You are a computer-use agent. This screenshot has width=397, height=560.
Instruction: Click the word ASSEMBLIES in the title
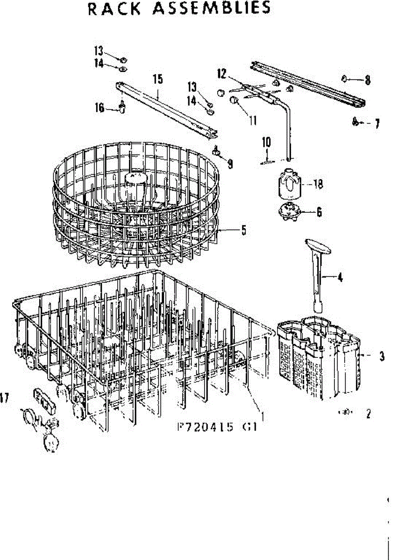[x=214, y=8]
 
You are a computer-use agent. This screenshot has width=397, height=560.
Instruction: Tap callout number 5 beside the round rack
[x=244, y=231]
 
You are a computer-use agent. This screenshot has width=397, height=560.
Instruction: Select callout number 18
[x=319, y=184]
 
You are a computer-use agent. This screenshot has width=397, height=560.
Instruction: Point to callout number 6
[x=319, y=212]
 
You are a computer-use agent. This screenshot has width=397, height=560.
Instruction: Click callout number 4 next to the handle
[x=340, y=278]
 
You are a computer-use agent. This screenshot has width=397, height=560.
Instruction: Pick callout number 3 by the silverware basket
[x=382, y=357]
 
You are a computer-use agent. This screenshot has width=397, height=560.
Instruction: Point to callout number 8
[x=368, y=80]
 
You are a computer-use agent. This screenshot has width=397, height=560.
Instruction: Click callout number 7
[x=376, y=124]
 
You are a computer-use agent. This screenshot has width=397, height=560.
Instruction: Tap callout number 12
[x=221, y=73]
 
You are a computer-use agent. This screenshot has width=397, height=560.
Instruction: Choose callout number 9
[x=230, y=164]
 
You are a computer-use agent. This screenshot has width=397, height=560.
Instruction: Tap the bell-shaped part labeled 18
[x=288, y=182]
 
